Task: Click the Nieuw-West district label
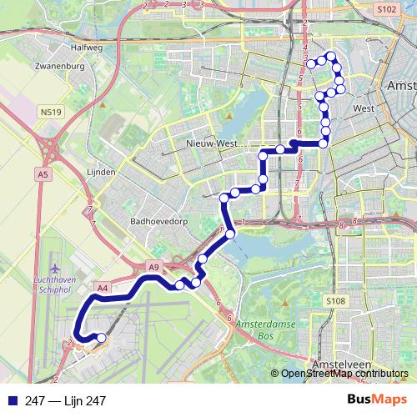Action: pyautogui.click(x=207, y=144)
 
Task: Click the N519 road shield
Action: pyautogui.click(x=49, y=108)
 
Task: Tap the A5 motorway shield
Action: pyautogui.click(x=43, y=173)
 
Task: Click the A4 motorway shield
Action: pyautogui.click(x=102, y=288)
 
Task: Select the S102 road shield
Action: pyautogui.click(x=385, y=9)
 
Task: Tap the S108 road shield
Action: pyautogui.click(x=335, y=300)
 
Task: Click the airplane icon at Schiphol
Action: pyautogui.click(x=56, y=269)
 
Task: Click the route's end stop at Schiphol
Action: pyautogui.click(x=101, y=338)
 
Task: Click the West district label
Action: pyautogui.click(x=362, y=108)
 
